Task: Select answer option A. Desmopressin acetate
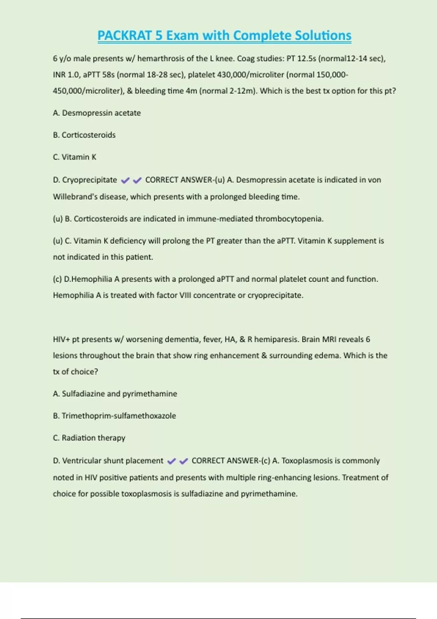[97, 113]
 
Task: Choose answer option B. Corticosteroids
[84, 135]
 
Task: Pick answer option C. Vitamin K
[75, 157]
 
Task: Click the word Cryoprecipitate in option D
[90, 180]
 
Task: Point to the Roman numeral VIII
[185, 295]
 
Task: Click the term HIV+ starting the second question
[62, 339]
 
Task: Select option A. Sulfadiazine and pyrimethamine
[115, 394]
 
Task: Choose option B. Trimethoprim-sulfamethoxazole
[114, 416]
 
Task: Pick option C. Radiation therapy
[89, 438]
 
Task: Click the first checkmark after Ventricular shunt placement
[171, 461]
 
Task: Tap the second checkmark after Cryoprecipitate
[137, 180]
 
